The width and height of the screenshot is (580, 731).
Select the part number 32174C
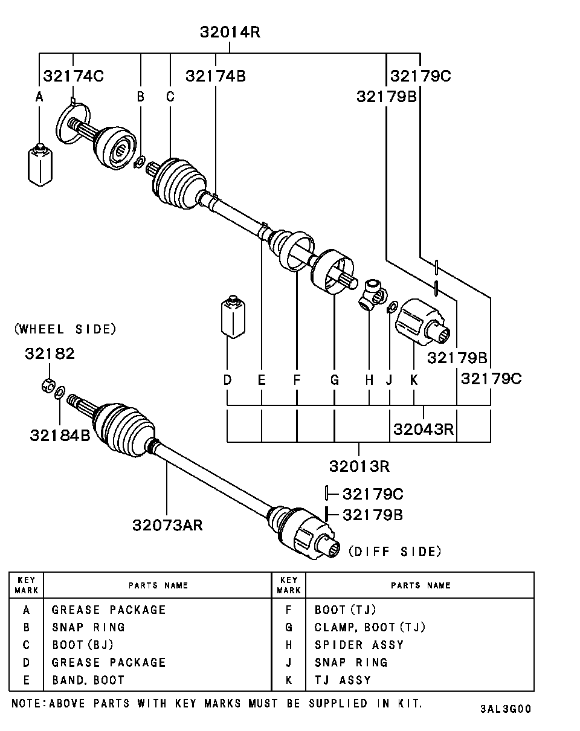tap(73, 76)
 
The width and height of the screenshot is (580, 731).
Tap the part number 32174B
tap(215, 76)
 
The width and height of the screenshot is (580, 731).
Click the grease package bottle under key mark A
tap(40, 164)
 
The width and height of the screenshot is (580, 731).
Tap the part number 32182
tap(50, 353)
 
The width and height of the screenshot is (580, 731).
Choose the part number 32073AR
tap(167, 524)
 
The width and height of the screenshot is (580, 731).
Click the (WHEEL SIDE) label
tap(65, 329)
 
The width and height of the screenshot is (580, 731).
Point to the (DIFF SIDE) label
tap(395, 551)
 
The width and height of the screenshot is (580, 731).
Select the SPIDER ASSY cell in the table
tap(359, 645)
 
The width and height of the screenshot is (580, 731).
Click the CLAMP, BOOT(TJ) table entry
tap(370, 627)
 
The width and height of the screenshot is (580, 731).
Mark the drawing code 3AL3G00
tap(505, 709)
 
